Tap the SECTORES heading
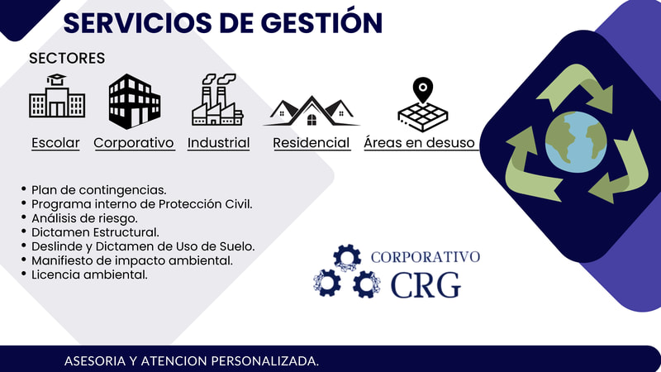click(67, 58)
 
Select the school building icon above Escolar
click(57, 96)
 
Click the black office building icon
click(135, 101)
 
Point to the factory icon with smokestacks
click(217, 99)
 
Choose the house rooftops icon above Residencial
click(311, 112)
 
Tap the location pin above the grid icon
click(423, 89)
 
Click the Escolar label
click(55, 143)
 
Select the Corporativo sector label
click(134, 143)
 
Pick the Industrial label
click(218, 143)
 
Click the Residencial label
click(311, 143)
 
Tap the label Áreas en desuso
click(420, 142)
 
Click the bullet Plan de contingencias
click(98, 190)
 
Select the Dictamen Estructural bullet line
click(95, 232)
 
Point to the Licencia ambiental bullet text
click(89, 274)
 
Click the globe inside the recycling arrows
click(576, 141)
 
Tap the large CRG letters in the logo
click(426, 285)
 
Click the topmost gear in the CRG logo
click(347, 258)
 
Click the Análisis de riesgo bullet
click(84, 218)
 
